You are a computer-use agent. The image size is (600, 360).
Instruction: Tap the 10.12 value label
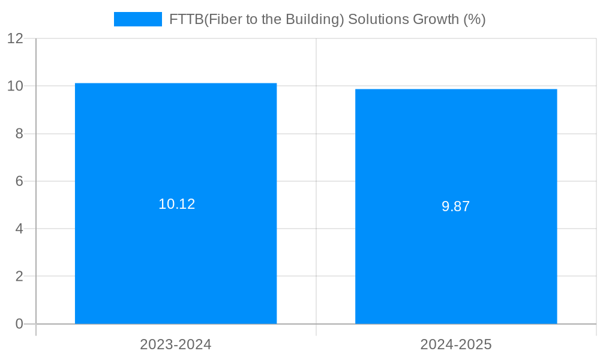177,204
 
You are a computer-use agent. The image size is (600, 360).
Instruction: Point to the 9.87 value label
456,207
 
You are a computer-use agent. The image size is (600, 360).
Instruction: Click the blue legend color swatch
138,19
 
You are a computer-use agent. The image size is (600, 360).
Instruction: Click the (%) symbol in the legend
475,19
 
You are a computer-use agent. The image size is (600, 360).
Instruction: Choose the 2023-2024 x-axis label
176,345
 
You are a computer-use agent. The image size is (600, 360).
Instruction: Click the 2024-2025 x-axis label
456,345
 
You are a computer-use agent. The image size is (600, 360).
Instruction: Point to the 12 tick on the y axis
16,38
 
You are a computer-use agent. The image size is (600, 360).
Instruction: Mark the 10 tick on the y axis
16,86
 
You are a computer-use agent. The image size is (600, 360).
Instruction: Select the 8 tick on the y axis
19,134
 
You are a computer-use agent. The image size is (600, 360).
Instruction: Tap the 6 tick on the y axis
19,181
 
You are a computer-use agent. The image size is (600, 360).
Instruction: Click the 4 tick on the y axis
19,229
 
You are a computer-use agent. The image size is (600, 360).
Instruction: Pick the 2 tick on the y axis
19,276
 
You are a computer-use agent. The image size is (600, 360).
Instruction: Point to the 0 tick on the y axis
19,324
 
